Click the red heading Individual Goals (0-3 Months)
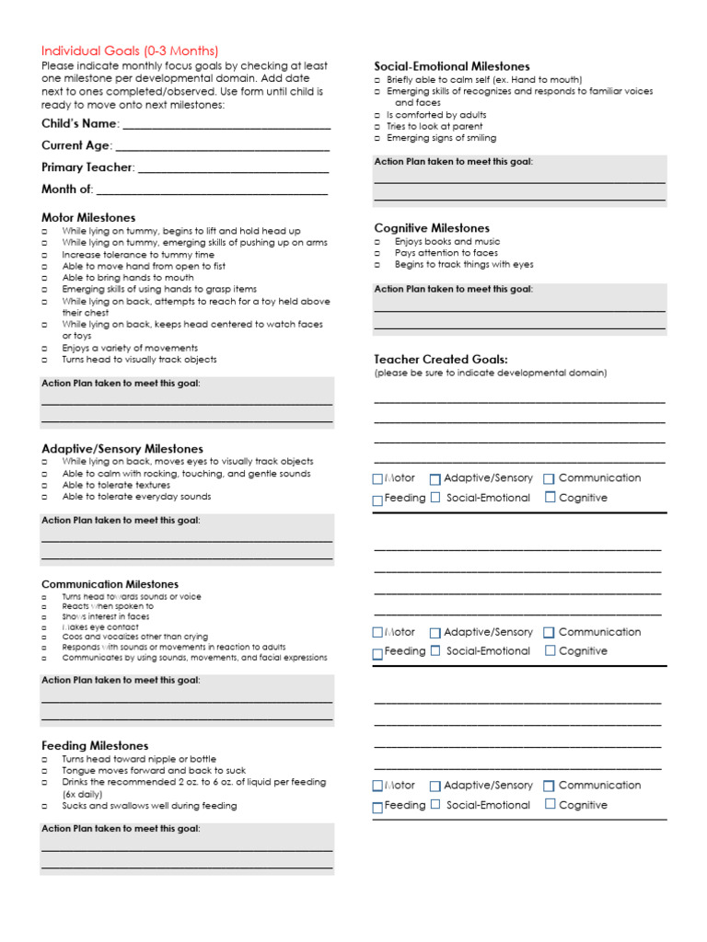pyautogui.click(x=130, y=51)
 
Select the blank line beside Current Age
pyautogui.click(x=222, y=147)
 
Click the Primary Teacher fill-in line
pyautogui.click(x=233, y=169)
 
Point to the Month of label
pyautogui.click(x=67, y=190)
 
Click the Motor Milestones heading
pyautogui.click(x=88, y=217)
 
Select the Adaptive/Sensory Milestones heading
pyautogui.click(x=122, y=449)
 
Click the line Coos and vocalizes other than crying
pyautogui.click(x=135, y=637)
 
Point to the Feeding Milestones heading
pyautogui.click(x=95, y=745)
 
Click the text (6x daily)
pyautogui.click(x=82, y=794)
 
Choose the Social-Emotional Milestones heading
pyautogui.click(x=452, y=66)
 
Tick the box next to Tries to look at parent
pyautogui.click(x=377, y=127)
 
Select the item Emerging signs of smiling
pyautogui.click(x=441, y=138)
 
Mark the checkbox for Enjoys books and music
pyautogui.click(x=377, y=241)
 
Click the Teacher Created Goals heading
pyautogui.click(x=441, y=359)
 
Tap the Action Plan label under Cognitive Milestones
pyautogui.click(x=453, y=289)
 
